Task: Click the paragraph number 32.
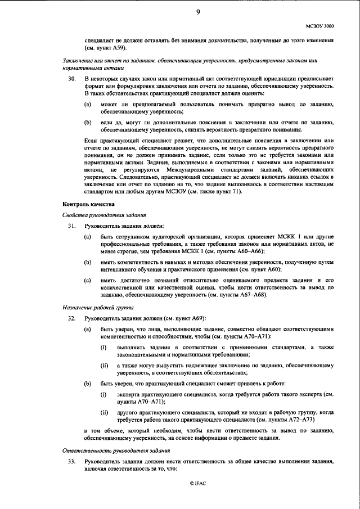tap(71, 319)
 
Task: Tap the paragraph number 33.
tap(71, 461)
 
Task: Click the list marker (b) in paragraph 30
tap(88, 122)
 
